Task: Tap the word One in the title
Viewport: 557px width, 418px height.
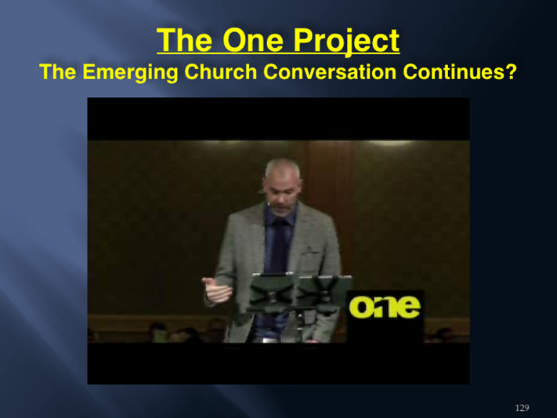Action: pyautogui.click(x=252, y=41)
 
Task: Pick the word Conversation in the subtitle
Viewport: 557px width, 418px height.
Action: pyautogui.click(x=329, y=72)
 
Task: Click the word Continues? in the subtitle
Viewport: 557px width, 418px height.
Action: pyautogui.click(x=459, y=72)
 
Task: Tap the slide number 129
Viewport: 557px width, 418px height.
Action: pyautogui.click(x=522, y=408)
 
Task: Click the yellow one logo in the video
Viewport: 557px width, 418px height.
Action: pyautogui.click(x=385, y=307)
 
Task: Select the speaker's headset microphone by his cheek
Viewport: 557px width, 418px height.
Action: pyautogui.click(x=269, y=204)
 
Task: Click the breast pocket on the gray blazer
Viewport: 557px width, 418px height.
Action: pyautogui.click(x=311, y=253)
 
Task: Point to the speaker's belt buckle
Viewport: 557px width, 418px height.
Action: pyautogui.click(x=269, y=340)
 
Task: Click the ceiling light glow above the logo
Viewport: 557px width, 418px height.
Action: pyautogui.click(x=390, y=143)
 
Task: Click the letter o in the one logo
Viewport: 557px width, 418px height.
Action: pyautogui.click(x=360, y=307)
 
